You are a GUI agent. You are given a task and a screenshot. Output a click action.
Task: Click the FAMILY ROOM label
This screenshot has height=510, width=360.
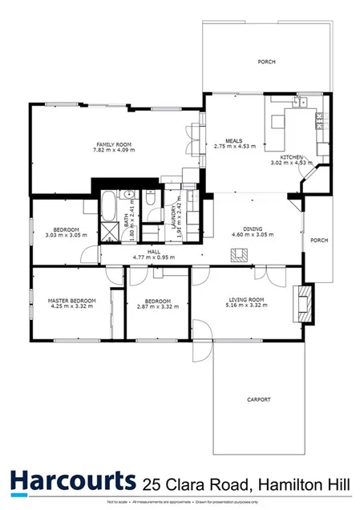coord(111,144)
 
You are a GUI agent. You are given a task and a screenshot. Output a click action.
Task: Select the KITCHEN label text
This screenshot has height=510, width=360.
coord(291,157)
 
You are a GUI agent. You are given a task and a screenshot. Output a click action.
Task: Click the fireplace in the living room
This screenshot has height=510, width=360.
coord(302,303)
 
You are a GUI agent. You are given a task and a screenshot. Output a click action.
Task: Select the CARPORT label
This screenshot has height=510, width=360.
coord(258,399)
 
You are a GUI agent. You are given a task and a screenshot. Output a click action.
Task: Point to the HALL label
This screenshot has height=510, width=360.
coord(154,253)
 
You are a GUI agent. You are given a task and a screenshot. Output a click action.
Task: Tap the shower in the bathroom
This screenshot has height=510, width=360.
coord(107,232)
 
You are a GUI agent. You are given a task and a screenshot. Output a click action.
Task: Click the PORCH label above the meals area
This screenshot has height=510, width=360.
coord(266,61)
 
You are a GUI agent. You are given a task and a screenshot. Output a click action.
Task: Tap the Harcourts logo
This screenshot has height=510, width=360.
coord(73,481)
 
